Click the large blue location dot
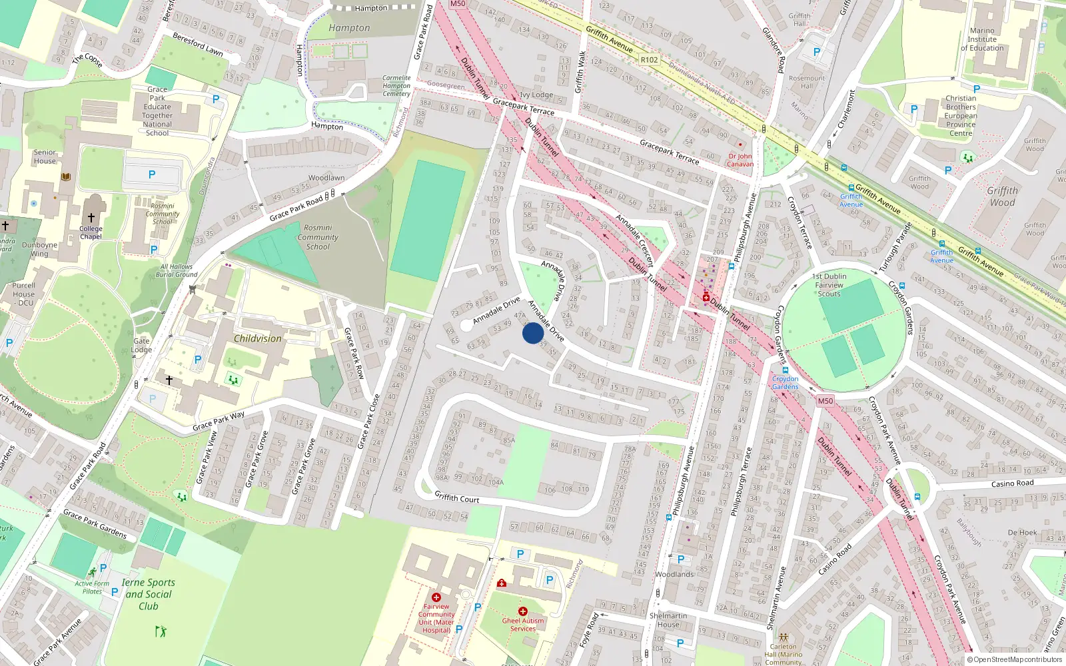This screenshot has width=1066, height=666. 532,333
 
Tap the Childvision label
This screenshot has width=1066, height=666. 257,338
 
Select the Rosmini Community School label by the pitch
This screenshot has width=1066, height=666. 318,237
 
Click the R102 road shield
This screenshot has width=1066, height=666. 649,60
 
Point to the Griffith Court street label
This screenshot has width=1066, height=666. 456,498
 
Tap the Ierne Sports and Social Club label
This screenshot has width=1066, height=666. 149,594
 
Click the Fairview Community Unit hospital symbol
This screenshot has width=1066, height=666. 436,597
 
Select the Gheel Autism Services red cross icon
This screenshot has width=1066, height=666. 523,611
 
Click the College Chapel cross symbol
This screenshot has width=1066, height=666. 91,218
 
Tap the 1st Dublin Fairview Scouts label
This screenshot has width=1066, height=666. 829,285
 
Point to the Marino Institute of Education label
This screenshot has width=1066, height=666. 982,39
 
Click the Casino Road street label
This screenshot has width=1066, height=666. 1012,484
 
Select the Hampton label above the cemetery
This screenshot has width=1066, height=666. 349,28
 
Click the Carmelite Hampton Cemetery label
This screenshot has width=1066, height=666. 396,86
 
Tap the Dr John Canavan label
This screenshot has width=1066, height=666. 740,160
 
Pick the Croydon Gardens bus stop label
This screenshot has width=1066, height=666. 785,382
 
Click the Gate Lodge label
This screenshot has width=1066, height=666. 141,345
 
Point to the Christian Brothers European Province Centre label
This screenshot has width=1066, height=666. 961,116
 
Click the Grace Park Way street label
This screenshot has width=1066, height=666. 219,421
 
